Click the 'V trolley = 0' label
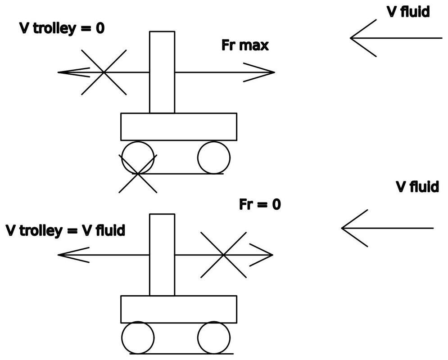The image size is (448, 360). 62,28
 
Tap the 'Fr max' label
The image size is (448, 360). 245,45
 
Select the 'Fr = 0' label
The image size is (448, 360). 260,204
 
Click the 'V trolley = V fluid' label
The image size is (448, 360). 65,231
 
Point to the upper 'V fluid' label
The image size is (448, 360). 408,12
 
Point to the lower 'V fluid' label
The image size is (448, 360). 417,186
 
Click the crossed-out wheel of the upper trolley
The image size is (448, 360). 137,158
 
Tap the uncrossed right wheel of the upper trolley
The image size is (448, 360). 214,157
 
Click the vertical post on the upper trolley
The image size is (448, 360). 162,72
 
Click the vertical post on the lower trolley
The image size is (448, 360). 162,255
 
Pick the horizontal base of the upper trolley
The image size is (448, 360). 178,127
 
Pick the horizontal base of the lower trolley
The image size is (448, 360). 178,309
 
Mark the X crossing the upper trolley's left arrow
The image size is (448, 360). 104,72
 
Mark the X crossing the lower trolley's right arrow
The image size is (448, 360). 223,255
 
